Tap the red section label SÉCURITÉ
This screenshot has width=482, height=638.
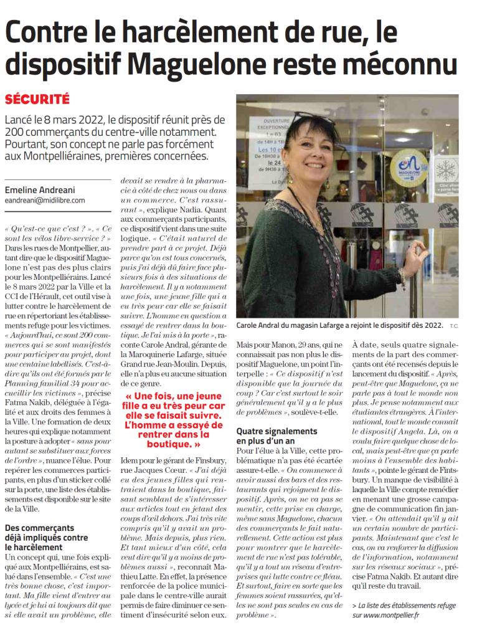pos(37,100)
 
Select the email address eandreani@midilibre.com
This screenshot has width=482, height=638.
pos(45,201)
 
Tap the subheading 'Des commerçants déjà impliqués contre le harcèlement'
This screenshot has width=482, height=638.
pos(47,538)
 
